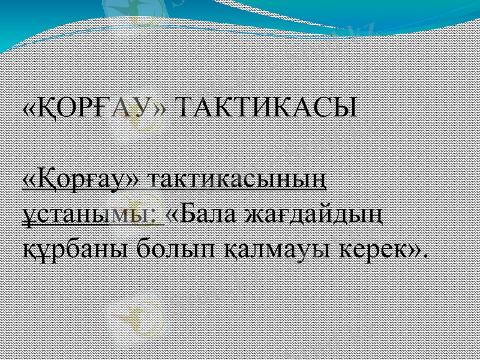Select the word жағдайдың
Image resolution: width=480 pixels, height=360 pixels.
pyautogui.click(x=314, y=214)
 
